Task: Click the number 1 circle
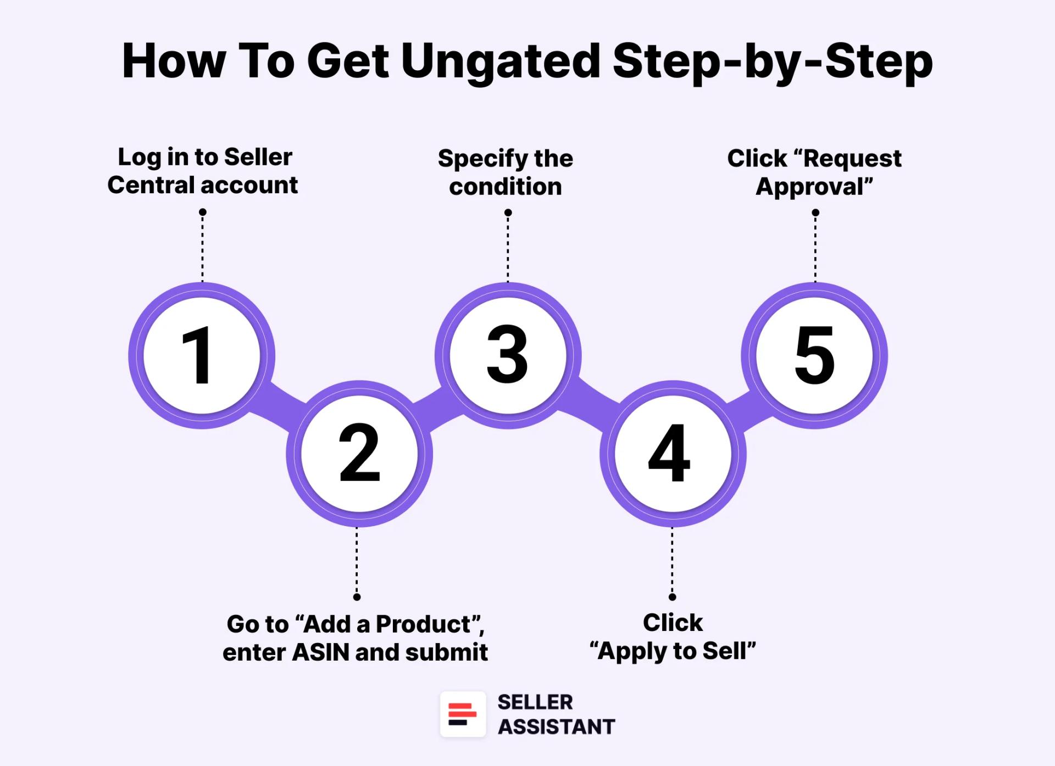tap(202, 355)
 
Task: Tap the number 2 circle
tap(359, 454)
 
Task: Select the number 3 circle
tap(508, 355)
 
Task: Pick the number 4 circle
tap(673, 454)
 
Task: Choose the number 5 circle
tap(814, 355)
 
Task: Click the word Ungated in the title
tap(500, 61)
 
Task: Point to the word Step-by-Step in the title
tap(772, 61)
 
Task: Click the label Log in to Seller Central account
tap(202, 171)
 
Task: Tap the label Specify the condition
tap(506, 172)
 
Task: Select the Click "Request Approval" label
tap(814, 172)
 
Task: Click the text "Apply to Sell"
tap(673, 651)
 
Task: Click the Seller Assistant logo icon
tap(463, 714)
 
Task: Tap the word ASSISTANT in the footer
tap(556, 726)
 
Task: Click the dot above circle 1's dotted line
tap(202, 212)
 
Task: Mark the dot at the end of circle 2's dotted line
tap(357, 597)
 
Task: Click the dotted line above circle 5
tap(815, 250)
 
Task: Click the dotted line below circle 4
tap(672, 560)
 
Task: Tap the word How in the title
tap(173, 61)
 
